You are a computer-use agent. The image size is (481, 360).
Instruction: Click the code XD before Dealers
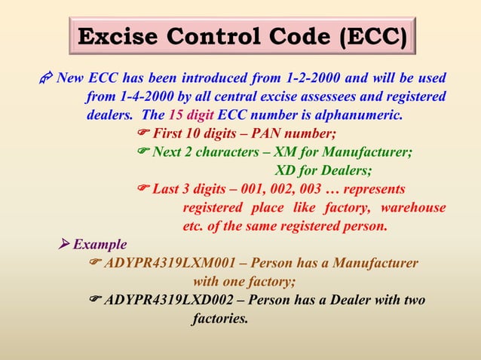point(290,170)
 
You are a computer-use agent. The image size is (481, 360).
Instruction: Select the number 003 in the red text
point(308,188)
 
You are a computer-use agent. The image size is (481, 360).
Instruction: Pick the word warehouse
point(413,207)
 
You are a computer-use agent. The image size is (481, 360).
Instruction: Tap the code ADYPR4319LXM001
point(170,263)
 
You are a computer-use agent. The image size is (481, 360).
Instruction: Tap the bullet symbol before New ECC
point(45,78)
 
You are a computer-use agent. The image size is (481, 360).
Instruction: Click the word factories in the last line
point(220,318)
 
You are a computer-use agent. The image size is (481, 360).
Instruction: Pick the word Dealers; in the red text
point(343,170)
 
